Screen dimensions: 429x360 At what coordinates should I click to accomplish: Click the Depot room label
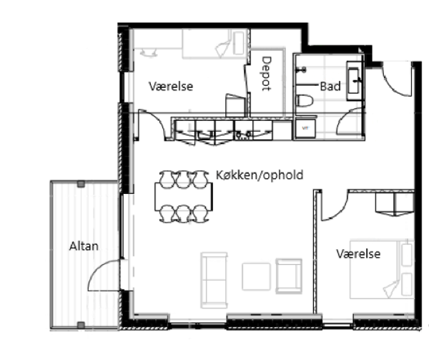266,74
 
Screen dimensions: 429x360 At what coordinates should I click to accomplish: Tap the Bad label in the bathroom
330,87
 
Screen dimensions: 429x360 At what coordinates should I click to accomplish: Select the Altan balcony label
84,246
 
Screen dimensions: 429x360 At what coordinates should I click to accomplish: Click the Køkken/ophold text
260,175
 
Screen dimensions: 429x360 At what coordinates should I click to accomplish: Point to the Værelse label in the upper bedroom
171,86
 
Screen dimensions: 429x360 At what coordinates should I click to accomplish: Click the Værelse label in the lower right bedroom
358,254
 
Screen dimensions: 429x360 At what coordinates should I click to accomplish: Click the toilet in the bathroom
305,100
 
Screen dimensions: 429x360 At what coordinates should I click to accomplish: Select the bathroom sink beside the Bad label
355,81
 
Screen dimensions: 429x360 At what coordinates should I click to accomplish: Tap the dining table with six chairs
184,197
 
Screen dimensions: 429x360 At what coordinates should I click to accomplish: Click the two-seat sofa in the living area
214,280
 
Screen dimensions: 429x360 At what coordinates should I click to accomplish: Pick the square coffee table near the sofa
256,276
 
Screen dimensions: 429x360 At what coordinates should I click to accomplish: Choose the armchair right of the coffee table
289,276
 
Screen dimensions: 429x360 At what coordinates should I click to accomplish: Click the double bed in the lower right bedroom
382,269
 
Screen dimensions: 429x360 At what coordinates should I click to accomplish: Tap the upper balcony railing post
81,184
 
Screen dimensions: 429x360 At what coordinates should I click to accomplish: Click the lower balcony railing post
81,325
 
